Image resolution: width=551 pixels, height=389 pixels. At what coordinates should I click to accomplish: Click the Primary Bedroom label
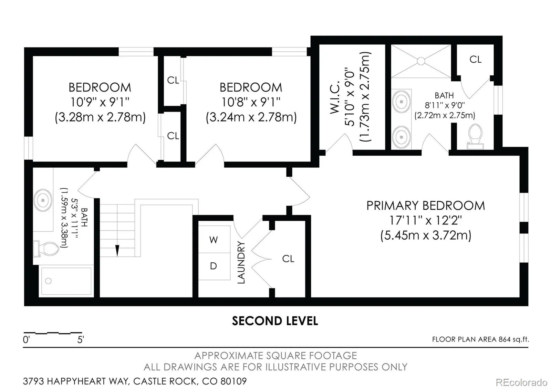[426, 206]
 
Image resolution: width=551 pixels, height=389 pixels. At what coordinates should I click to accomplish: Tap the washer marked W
[214, 239]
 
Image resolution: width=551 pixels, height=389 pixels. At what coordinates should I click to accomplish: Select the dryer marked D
[214, 266]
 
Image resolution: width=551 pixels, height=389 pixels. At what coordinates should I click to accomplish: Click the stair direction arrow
[117, 251]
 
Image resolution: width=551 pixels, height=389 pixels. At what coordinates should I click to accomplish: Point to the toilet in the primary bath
[475, 137]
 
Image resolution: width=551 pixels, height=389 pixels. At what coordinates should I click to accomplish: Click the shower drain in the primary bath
[421, 61]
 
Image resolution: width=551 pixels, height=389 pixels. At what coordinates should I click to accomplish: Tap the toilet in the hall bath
[46, 249]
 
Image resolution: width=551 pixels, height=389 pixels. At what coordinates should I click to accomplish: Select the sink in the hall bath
[43, 200]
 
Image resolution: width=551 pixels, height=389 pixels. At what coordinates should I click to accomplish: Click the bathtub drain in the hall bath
[49, 281]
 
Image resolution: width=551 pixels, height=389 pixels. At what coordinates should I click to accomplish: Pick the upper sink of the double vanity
[401, 102]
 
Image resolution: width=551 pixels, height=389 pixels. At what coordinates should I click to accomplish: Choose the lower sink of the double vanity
[401, 137]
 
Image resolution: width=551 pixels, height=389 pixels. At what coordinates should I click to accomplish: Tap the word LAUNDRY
[241, 262]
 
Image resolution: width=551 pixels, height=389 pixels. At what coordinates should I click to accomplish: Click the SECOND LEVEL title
[275, 321]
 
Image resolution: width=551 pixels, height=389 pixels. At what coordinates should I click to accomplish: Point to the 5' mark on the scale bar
[81, 339]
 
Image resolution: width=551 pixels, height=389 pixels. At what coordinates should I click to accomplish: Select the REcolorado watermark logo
[521, 382]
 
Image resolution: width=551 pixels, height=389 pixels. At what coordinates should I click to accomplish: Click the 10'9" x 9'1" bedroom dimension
[100, 102]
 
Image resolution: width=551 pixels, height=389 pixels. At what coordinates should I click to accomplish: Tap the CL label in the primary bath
[475, 59]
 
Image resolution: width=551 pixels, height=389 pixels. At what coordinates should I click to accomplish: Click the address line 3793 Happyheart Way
[135, 381]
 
